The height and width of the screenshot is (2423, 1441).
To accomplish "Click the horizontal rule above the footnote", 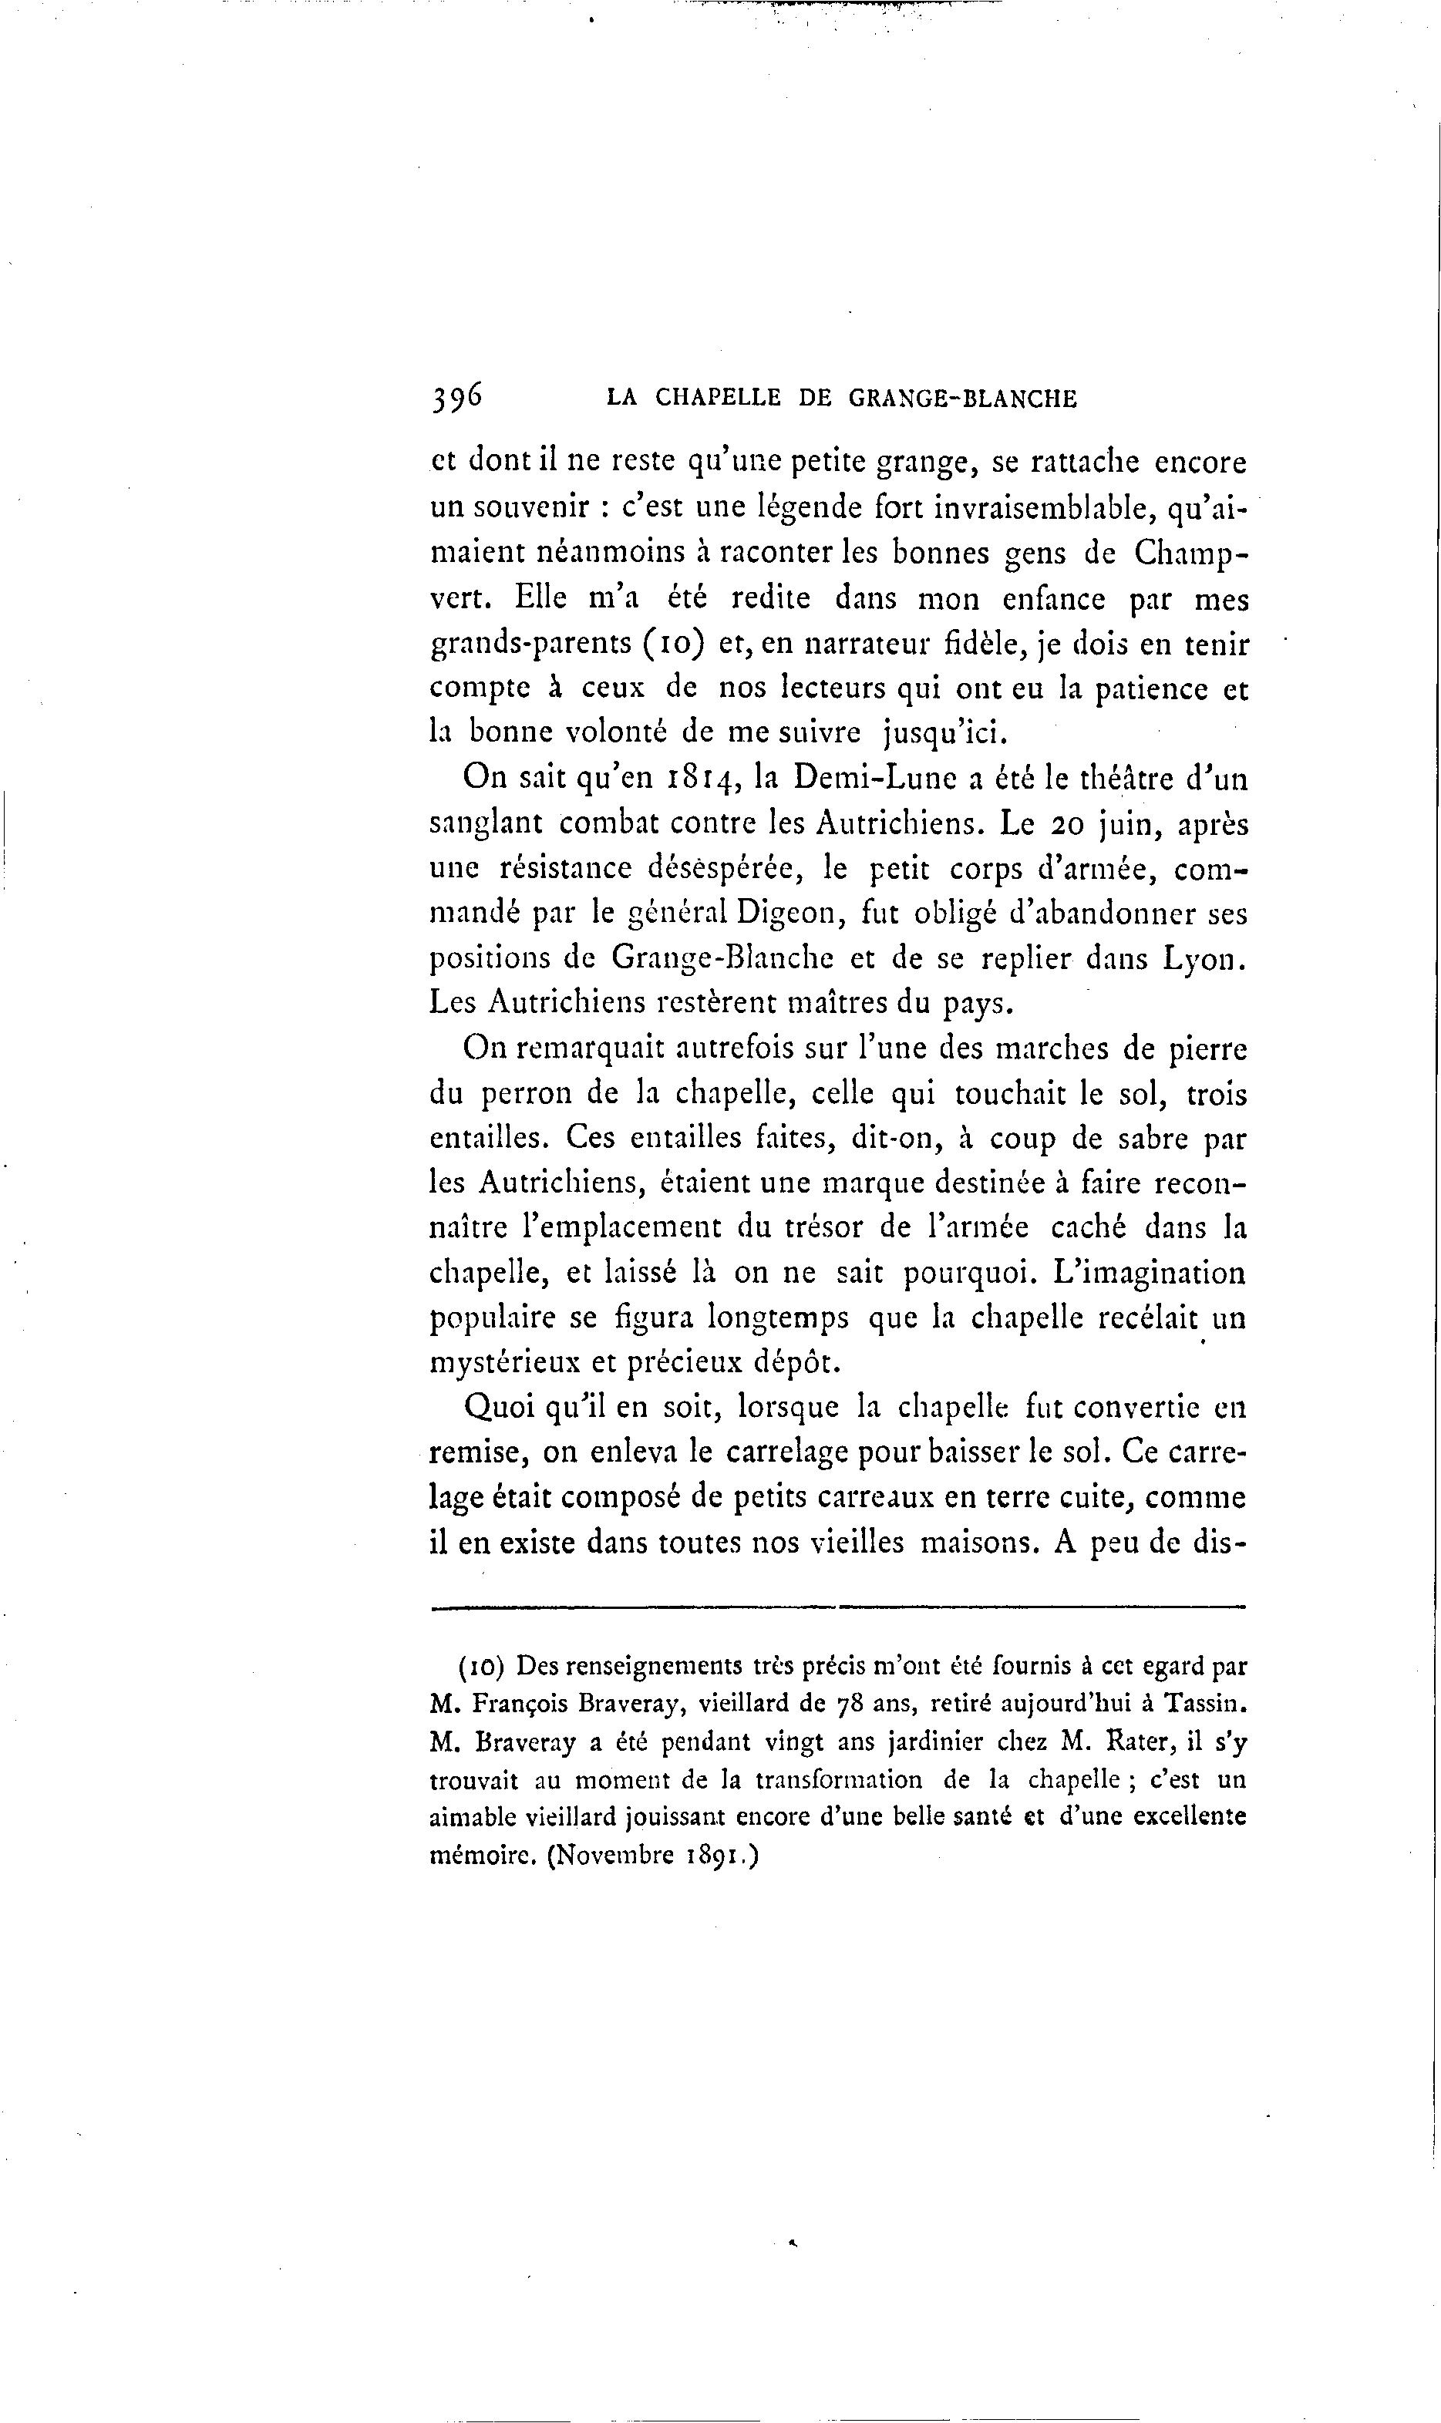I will click(x=837, y=1607).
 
